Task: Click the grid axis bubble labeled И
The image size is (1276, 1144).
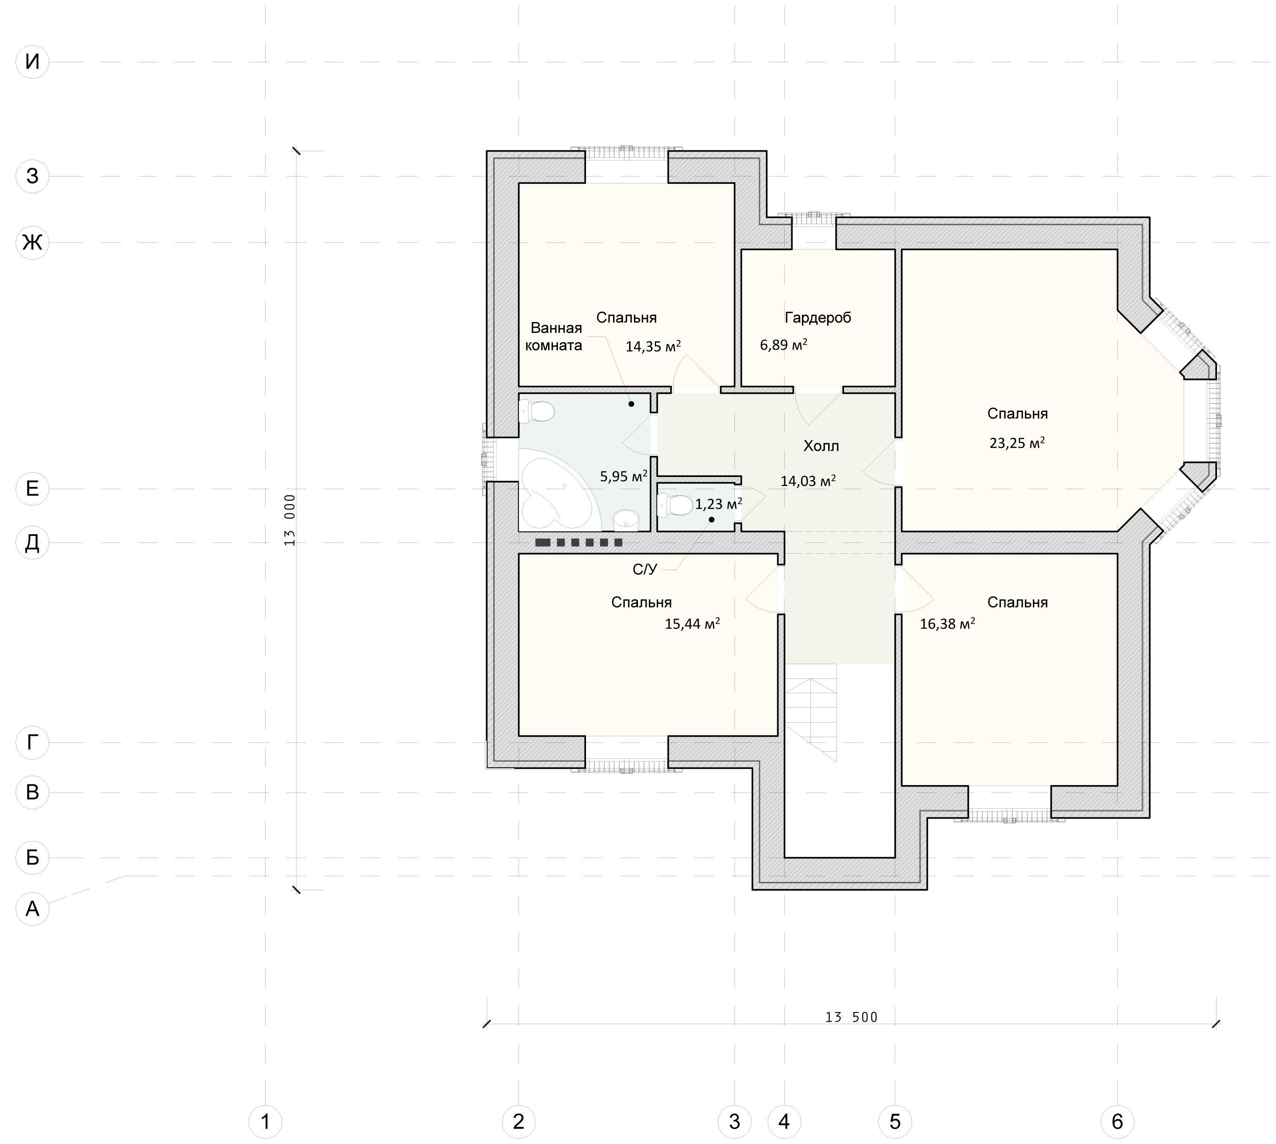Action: point(32,62)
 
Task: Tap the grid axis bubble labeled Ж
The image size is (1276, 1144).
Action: point(32,242)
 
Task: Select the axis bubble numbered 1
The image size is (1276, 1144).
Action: point(266,1122)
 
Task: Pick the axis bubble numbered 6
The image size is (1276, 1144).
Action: point(1117,1122)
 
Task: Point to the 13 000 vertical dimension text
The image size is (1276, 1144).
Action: point(289,520)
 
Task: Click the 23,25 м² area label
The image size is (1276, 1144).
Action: point(1017,442)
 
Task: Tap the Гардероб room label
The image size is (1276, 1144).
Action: point(817,317)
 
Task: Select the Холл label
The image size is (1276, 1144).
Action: point(821,446)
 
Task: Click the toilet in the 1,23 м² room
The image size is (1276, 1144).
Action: point(675,504)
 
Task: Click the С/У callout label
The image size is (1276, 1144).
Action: point(645,570)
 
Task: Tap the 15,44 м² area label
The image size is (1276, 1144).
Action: point(692,623)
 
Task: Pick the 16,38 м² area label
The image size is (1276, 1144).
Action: point(947,623)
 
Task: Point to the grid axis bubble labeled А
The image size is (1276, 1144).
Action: point(32,908)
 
